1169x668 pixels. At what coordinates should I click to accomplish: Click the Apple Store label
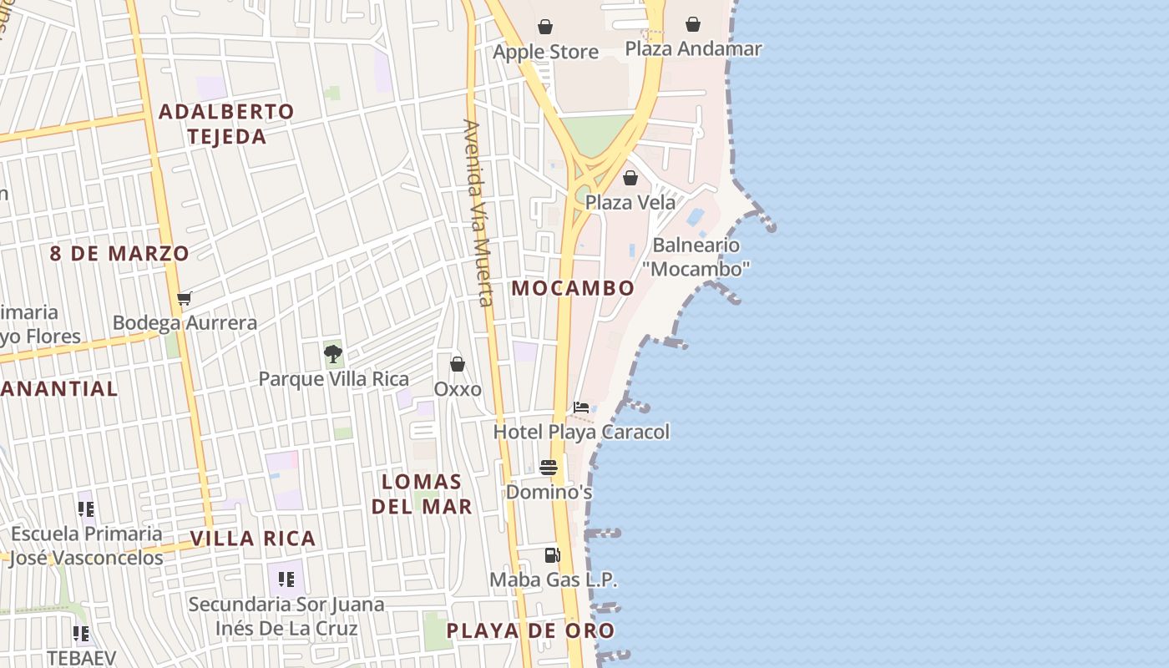point(545,52)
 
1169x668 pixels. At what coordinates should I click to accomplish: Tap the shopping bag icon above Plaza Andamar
point(693,24)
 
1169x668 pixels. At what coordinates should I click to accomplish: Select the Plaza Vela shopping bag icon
point(630,178)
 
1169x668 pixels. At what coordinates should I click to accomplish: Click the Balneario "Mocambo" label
point(696,256)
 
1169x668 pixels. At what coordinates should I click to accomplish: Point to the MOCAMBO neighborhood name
point(573,288)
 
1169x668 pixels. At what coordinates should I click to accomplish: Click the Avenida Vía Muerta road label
point(478,213)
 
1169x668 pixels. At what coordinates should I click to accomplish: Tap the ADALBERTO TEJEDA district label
point(226,124)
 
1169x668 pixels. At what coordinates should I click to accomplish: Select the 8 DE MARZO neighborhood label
point(119,253)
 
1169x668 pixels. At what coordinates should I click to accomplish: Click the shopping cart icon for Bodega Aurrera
point(185,298)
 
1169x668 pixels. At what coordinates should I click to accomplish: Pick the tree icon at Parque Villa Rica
point(332,353)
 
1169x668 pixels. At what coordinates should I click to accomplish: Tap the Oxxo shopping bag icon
point(458,364)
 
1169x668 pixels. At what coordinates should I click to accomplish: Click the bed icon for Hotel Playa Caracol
point(581,407)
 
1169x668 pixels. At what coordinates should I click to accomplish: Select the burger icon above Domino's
point(549,467)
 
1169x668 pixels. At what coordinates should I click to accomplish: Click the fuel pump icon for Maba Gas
point(552,554)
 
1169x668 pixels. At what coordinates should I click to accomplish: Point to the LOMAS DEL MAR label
point(422,493)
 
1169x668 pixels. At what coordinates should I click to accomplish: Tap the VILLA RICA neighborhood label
point(253,539)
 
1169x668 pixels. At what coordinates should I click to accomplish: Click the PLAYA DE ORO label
point(530,630)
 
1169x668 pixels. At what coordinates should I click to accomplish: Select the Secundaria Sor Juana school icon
point(286,579)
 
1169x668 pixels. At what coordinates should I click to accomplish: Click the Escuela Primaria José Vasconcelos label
point(87,545)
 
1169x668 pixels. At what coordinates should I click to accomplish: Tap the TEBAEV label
point(81,657)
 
